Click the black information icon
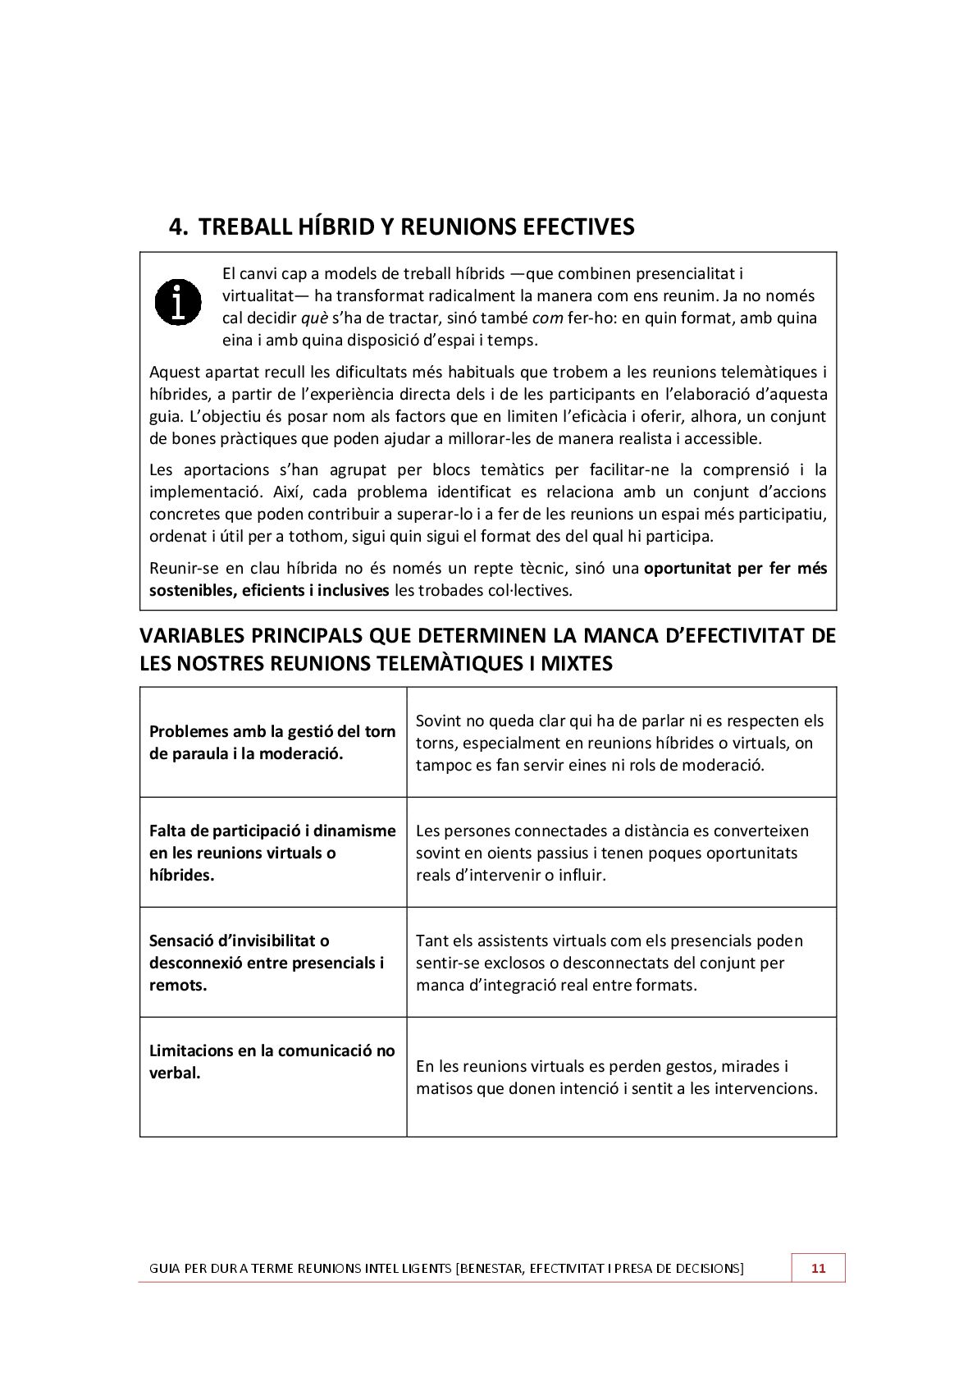[178, 301]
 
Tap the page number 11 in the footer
[818, 1268]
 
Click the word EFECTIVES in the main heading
[578, 227]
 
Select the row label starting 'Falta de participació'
[272, 853]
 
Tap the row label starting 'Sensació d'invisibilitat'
[267, 963]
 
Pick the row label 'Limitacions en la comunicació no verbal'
[272, 1061]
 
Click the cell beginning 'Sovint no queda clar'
[619, 743]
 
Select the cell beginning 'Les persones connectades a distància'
[612, 853]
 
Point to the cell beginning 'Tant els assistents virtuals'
[609, 963]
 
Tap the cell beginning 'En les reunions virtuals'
[616, 1078]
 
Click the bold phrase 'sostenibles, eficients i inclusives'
[269, 590]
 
